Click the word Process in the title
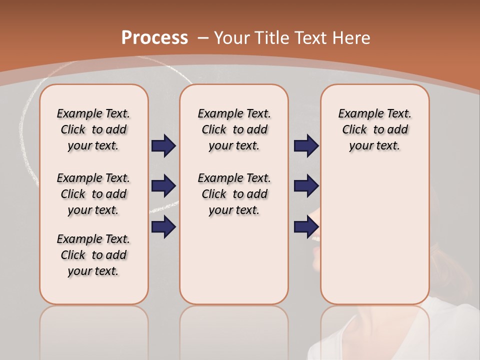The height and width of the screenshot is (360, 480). coord(154,38)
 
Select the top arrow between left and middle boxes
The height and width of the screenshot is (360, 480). coord(163,146)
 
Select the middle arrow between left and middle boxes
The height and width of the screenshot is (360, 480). coord(163,186)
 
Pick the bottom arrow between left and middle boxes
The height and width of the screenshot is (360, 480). coord(163,226)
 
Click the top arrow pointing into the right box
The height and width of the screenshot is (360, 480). coord(306,146)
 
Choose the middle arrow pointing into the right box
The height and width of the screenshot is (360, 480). coord(306,186)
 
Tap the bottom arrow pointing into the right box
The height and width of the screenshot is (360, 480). coord(306,226)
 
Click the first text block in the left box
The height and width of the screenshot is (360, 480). coord(93,129)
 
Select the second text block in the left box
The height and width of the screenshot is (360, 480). coord(93,194)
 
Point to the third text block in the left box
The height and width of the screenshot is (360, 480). coord(93,255)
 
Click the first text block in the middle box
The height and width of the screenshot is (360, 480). coord(234,129)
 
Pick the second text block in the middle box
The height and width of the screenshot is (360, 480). coord(234,194)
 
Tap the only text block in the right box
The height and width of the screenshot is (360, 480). coord(374,129)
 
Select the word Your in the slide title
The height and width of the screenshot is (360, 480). coord(233,38)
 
